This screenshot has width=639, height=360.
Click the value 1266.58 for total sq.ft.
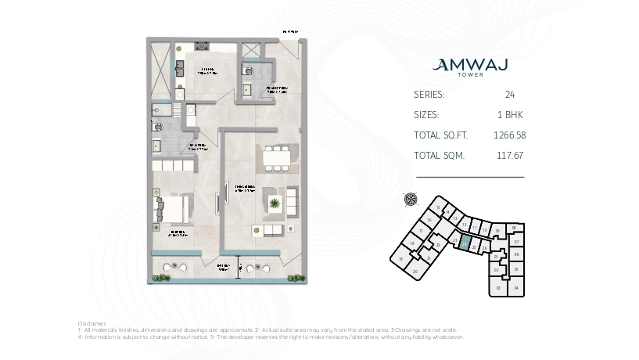[509, 135]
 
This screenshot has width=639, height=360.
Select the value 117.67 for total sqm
[509, 155]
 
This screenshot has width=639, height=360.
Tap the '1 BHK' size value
[509, 114]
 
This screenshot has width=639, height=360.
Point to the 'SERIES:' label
[429, 94]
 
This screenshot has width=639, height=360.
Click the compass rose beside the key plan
[411, 199]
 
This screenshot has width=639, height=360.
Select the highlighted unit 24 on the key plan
[464, 243]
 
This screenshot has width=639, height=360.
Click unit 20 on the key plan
[415, 272]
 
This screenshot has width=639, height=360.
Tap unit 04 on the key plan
[516, 288]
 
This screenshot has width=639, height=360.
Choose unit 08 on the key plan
[515, 228]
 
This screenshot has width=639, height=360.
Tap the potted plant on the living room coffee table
[275, 205]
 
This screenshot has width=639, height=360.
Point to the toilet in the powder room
[249, 71]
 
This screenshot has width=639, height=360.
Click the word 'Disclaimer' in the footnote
[92, 322]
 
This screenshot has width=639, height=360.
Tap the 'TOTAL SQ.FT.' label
[439, 135]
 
